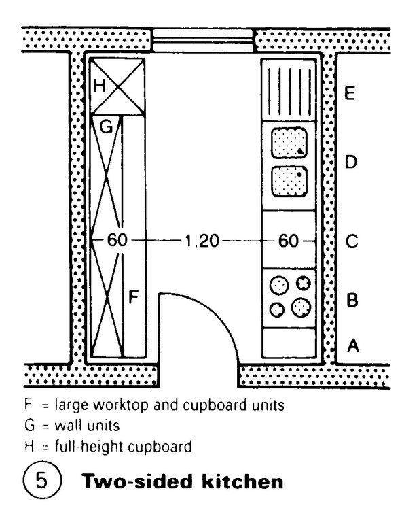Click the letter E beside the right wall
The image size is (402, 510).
point(349,94)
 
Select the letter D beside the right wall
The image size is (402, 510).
point(350,163)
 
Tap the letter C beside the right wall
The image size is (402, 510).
point(350,241)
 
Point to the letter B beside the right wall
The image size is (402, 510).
point(350,299)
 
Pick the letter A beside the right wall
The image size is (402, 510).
point(352,345)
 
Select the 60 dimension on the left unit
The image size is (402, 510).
point(117,241)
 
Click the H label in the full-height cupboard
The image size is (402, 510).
point(99,86)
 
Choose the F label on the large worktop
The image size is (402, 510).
point(134,297)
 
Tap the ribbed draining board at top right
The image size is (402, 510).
point(289,90)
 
